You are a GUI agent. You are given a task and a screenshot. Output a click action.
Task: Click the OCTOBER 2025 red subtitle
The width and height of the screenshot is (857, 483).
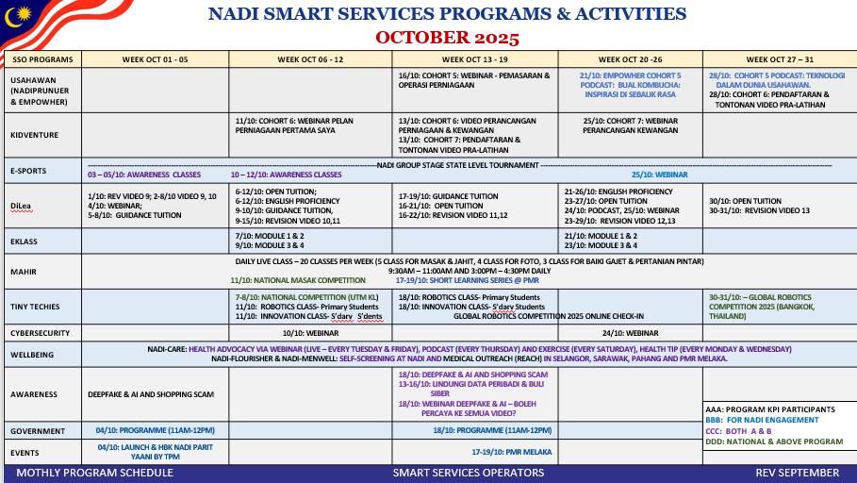pos(447,38)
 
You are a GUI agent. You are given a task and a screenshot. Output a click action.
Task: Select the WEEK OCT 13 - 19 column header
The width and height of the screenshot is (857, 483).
pos(473,58)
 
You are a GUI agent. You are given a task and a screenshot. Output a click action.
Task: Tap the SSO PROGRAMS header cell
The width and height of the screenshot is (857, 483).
pos(42,59)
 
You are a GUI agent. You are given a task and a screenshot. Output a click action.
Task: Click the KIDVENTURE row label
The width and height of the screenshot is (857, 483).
pos(35,135)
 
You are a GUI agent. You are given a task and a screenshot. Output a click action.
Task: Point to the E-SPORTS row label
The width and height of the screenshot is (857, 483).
pos(29,171)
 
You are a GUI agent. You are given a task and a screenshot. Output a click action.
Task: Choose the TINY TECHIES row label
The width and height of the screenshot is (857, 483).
pos(35,307)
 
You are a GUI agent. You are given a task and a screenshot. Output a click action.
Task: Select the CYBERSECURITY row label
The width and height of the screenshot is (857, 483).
pos(40,333)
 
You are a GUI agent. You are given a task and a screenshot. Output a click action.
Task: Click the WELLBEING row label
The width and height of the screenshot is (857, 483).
pos(33,356)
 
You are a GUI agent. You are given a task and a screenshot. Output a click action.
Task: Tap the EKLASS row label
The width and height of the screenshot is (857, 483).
pos(25,241)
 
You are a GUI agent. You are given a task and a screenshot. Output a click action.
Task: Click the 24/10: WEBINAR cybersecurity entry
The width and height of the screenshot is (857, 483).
pos(630,333)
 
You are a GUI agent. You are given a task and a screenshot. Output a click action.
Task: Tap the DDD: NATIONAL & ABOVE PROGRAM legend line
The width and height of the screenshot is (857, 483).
pos(774,441)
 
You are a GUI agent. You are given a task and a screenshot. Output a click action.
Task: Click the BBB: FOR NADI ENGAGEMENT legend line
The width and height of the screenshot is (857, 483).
pos(765,420)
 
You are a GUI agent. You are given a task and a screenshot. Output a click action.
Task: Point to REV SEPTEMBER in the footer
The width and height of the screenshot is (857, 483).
pos(797,472)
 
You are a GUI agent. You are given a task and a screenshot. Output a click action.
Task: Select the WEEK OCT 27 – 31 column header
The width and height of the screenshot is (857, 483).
pos(778,58)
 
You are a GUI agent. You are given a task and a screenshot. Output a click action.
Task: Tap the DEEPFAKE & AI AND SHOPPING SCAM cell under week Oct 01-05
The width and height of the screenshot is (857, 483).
pos(152,393)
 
